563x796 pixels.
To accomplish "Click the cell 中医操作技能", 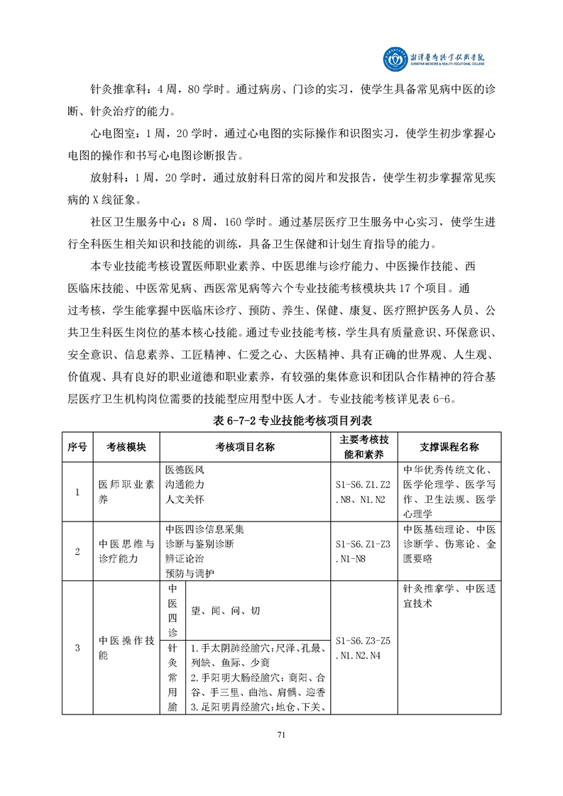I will click(x=126, y=648).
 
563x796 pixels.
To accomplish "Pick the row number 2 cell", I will click(x=77, y=551).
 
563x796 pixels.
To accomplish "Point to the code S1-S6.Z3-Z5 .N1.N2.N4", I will click(x=363, y=648).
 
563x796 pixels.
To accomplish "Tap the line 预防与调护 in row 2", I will click(x=190, y=573).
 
